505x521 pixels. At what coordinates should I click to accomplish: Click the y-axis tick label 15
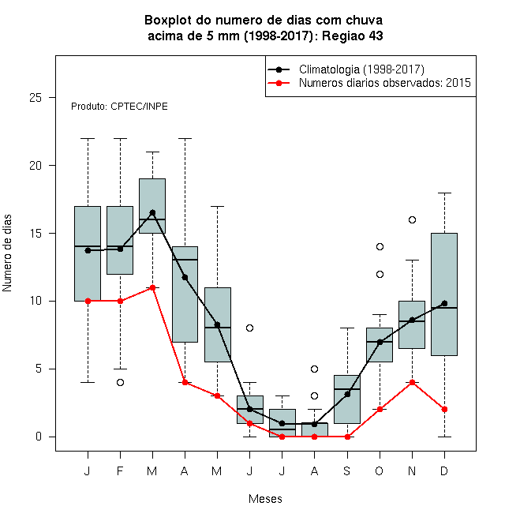pyautogui.click(x=36, y=233)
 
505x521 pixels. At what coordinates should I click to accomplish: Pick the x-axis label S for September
pyautogui.click(x=347, y=470)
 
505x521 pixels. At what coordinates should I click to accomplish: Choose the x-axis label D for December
pyautogui.click(x=444, y=470)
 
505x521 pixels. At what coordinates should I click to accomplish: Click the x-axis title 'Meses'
pyautogui.click(x=265, y=499)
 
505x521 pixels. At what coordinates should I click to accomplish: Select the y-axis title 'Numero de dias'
pyautogui.click(x=7, y=253)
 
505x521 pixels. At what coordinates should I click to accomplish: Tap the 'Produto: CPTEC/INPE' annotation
pyautogui.click(x=119, y=107)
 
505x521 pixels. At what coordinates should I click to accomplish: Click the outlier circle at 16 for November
pyautogui.click(x=412, y=219)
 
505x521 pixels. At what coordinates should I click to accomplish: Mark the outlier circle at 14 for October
pyautogui.click(x=380, y=246)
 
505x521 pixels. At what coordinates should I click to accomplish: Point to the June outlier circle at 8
pyautogui.click(x=249, y=328)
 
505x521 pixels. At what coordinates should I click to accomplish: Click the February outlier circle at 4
pyautogui.click(x=120, y=382)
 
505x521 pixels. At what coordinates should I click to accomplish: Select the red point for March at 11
pyautogui.click(x=152, y=287)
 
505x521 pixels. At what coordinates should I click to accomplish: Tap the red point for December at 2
pyautogui.click(x=444, y=410)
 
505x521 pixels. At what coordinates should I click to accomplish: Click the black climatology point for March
pyautogui.click(x=152, y=212)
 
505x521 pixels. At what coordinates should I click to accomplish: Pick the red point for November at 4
pyautogui.click(x=412, y=382)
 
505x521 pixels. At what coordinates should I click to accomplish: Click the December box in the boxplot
pyautogui.click(x=444, y=294)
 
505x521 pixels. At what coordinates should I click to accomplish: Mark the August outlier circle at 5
pyautogui.click(x=314, y=369)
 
